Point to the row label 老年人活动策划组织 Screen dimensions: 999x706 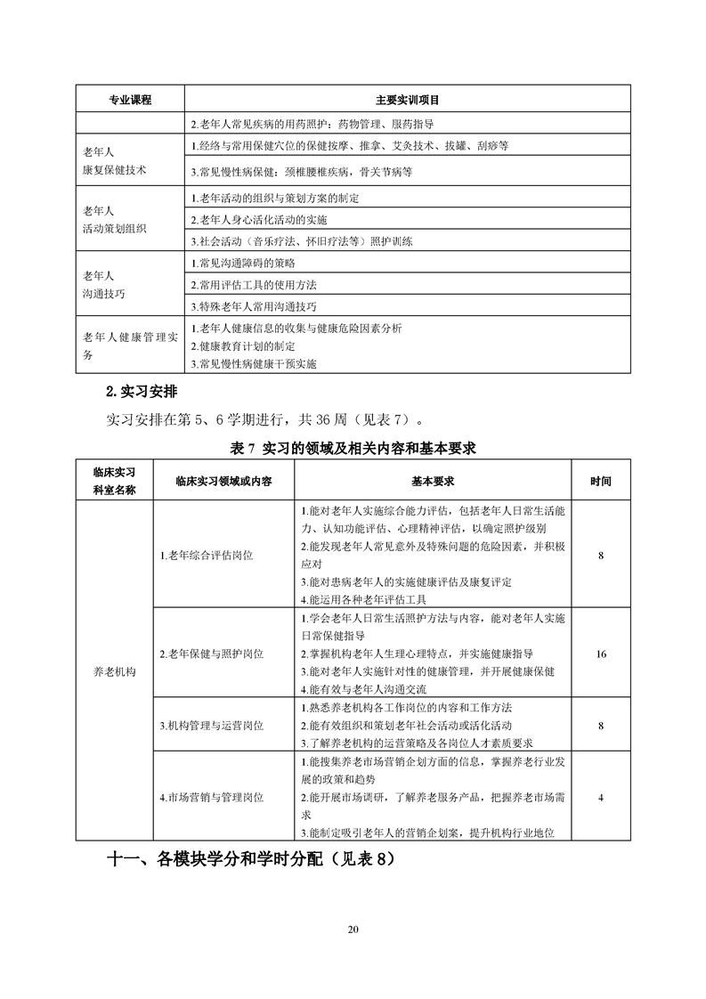[115, 219]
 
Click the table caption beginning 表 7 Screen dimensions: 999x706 [353, 448]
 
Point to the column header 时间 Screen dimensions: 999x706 [601, 481]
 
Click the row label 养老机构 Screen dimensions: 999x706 [115, 672]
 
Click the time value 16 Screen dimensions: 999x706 [601, 654]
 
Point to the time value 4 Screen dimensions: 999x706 [601, 798]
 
